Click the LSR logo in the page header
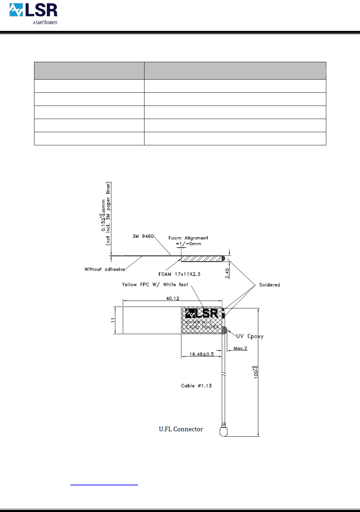tap(33, 10)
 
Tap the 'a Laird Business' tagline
tap(45, 22)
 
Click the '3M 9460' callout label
tap(143, 236)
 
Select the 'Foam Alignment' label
tap(188, 238)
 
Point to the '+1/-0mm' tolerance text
tap(189, 244)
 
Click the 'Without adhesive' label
tap(105, 269)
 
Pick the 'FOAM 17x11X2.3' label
tap(179, 274)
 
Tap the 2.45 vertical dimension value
tap(227, 273)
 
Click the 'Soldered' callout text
tap(269, 285)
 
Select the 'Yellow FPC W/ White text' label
tap(155, 285)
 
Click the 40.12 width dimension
tap(173, 298)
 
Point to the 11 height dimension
tap(113, 320)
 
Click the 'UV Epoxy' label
tap(250, 336)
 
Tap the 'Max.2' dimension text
tap(240, 348)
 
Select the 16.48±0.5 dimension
tap(201, 354)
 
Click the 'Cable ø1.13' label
tap(196, 386)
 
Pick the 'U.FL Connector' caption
tap(181, 429)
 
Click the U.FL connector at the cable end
tap(223, 431)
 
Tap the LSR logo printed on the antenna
tap(202, 313)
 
